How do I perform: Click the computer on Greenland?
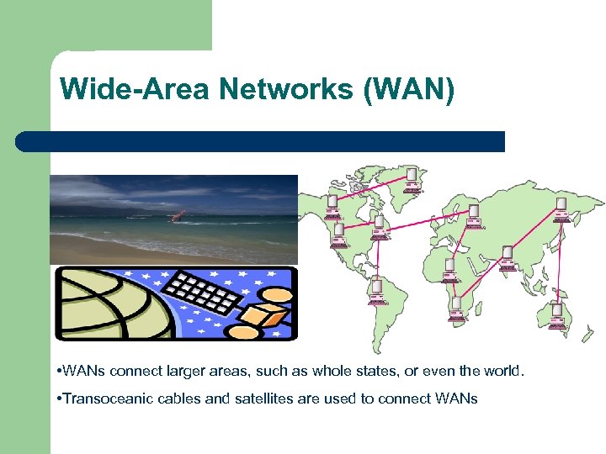412,179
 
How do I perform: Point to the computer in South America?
375,290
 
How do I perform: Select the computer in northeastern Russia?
561,210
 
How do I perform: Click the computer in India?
507,258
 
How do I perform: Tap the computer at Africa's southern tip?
455,308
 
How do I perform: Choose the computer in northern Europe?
473,214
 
